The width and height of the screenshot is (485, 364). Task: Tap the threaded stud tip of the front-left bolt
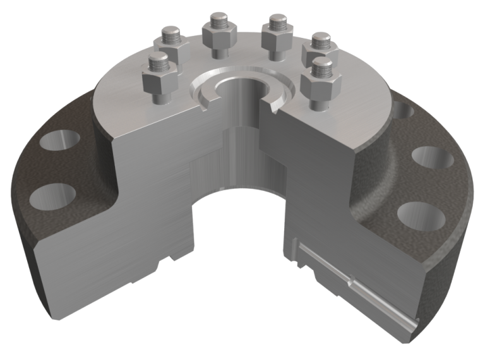(159, 62)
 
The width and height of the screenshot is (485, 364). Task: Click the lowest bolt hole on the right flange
(421, 215)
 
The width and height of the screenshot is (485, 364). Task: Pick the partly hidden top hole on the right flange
(406, 112)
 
